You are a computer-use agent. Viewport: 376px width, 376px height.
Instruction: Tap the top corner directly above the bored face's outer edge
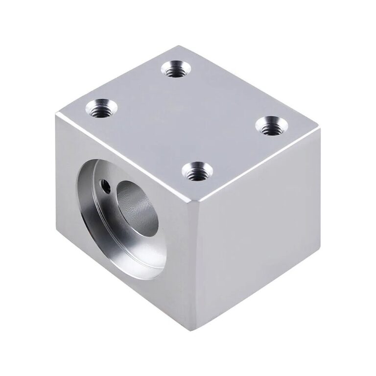(57, 116)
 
